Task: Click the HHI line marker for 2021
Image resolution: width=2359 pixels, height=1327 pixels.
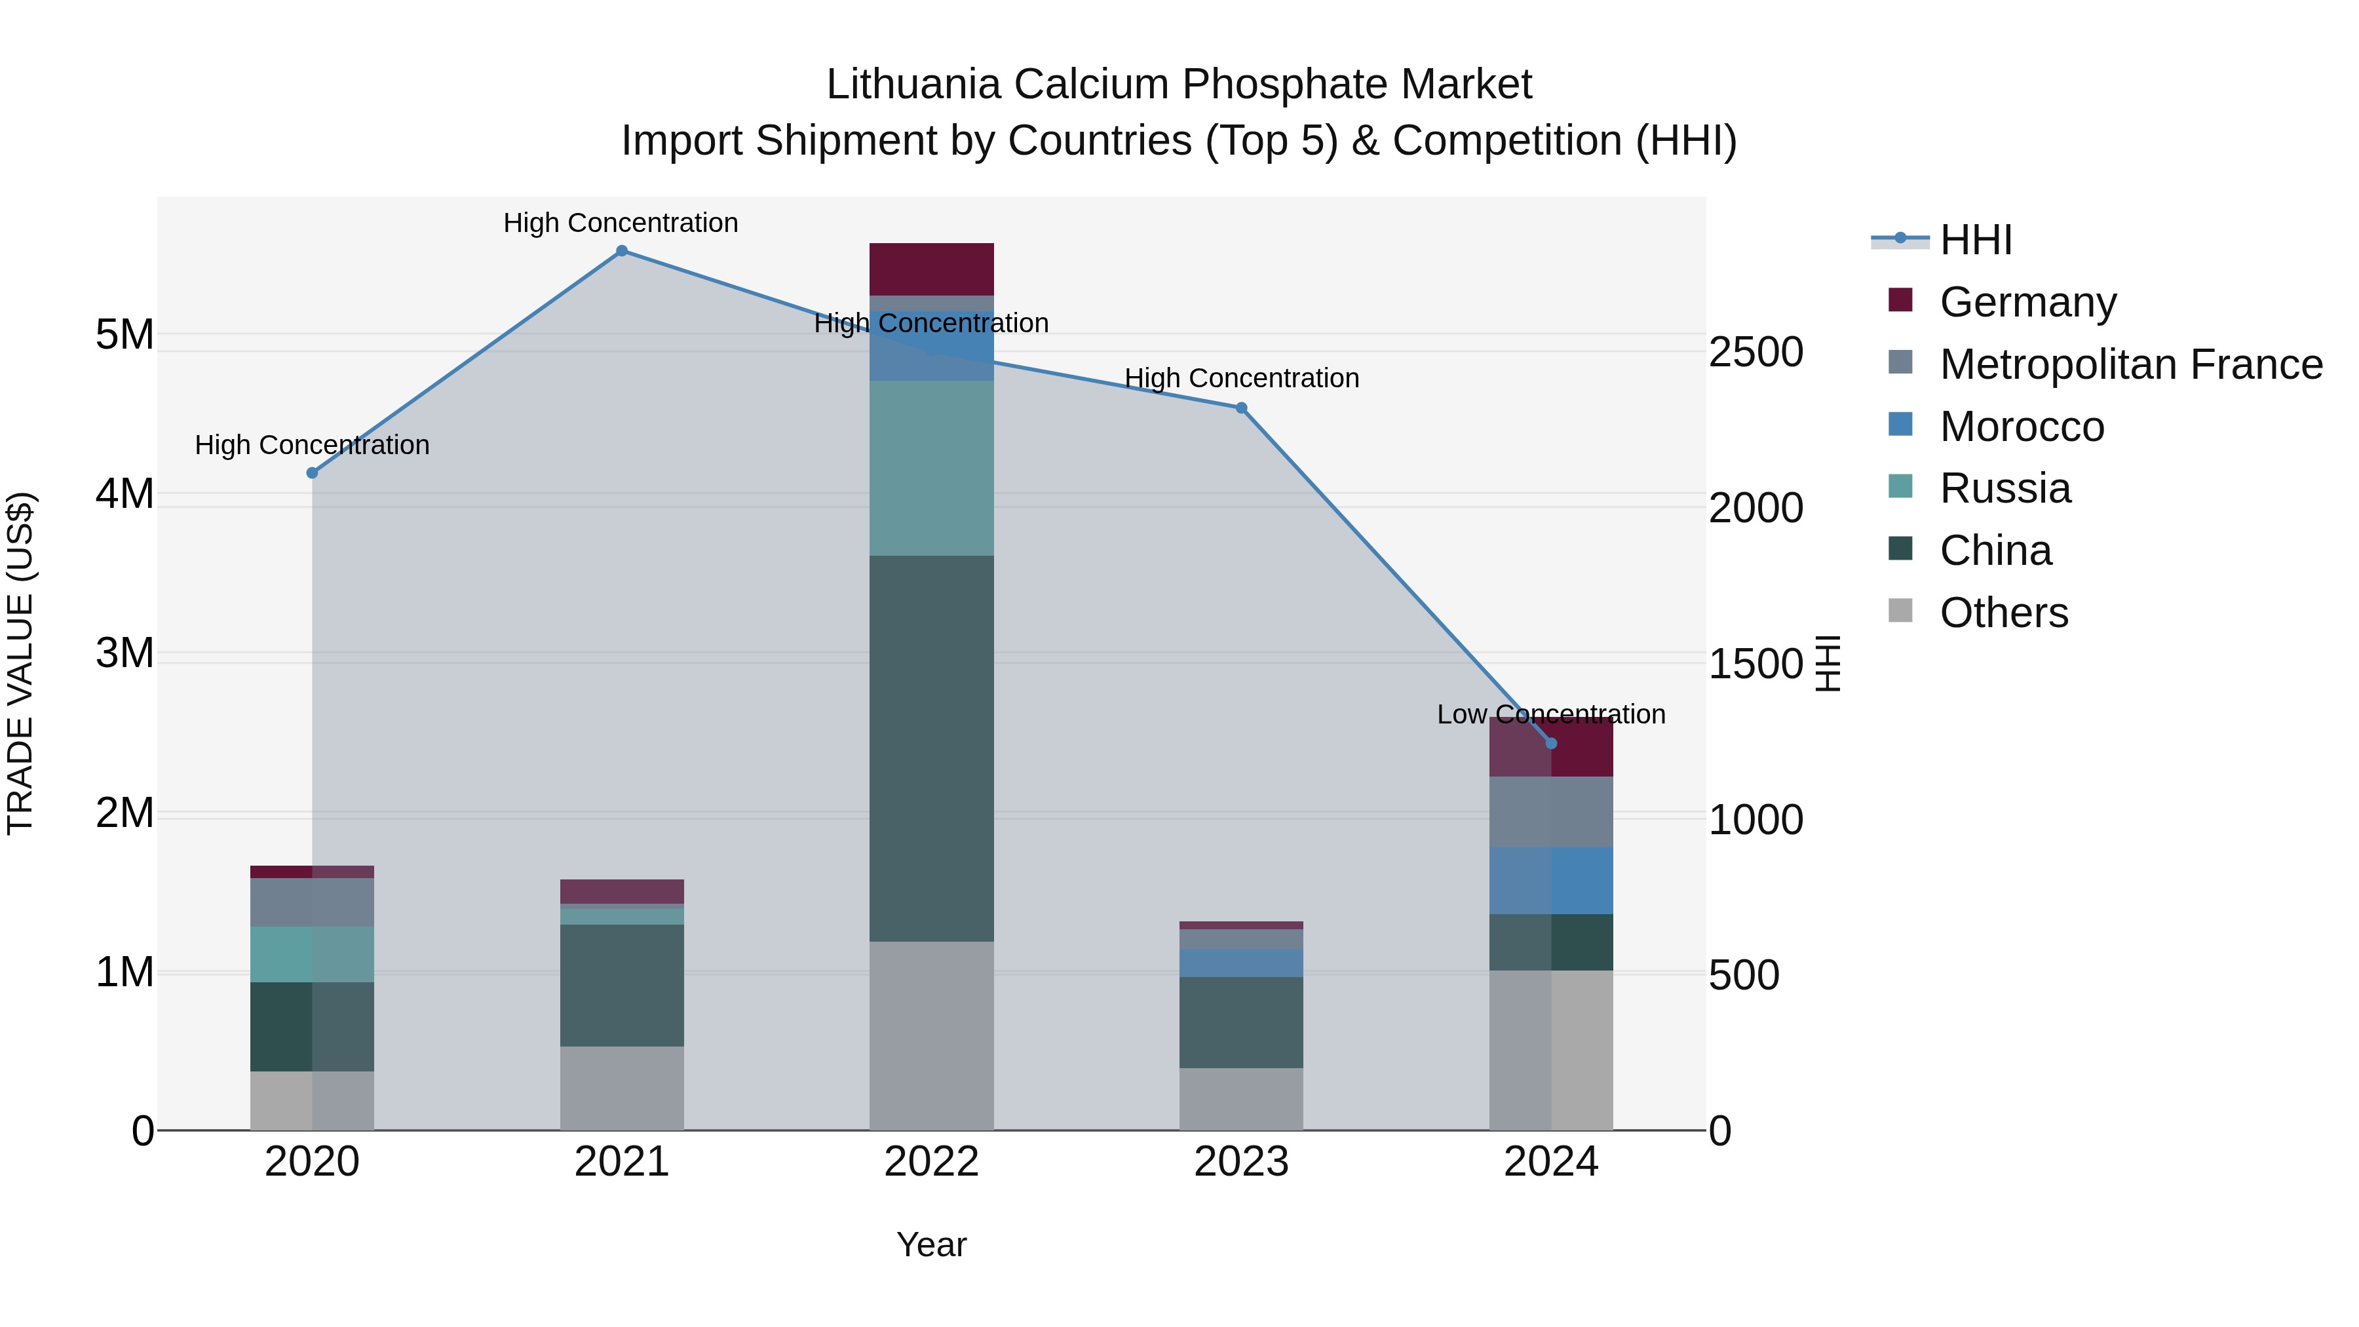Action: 622,251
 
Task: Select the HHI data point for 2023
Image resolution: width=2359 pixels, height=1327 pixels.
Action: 1242,408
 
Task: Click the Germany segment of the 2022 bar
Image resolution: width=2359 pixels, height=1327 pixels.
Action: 931,269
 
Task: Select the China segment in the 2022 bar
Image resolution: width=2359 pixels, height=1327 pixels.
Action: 931,748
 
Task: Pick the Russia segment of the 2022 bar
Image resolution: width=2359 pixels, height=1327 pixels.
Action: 931,468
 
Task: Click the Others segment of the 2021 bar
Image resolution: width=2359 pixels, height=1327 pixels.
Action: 622,1088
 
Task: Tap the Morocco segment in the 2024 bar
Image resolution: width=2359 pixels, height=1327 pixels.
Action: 1551,881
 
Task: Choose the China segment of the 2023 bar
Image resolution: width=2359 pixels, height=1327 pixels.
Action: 1241,1022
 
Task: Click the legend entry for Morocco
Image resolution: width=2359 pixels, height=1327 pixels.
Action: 2021,427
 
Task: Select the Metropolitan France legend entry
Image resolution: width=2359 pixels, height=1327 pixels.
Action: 2130,364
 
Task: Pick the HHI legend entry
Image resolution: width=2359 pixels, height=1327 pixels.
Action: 1975,240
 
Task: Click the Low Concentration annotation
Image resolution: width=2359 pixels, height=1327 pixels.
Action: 1550,714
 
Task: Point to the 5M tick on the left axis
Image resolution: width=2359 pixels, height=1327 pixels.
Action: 125,334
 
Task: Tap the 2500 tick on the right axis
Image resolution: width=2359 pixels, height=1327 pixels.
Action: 1755,353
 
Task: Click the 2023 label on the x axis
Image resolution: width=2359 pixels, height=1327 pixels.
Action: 1241,1162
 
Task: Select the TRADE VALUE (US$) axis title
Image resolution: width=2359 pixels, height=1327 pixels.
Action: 21,663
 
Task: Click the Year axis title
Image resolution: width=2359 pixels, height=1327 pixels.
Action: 931,1244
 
